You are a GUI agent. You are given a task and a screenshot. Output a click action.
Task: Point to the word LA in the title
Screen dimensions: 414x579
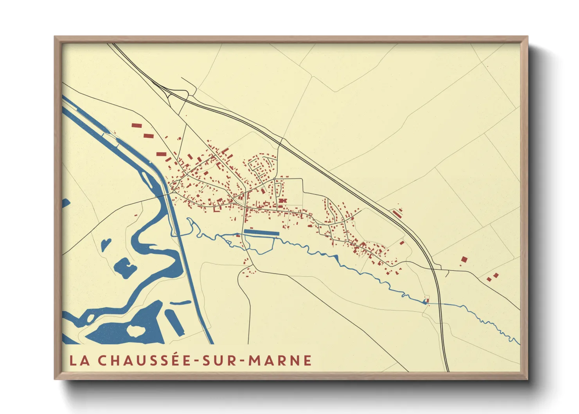coord(79,360)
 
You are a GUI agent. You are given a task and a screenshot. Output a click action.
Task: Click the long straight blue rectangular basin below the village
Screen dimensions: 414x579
coord(261,232)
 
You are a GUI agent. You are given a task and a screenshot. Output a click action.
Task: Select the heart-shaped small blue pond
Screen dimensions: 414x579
coord(106,245)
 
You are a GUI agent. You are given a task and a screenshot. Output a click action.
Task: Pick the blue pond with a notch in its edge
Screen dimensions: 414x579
coord(125,267)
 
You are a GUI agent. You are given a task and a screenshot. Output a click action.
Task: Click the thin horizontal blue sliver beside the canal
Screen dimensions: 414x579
coord(180,302)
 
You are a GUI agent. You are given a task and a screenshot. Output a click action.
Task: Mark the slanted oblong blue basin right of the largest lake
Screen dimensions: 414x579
coord(175,322)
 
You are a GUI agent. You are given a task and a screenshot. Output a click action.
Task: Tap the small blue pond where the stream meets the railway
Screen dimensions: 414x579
coord(425,301)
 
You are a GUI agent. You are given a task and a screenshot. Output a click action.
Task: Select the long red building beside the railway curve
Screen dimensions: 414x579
coord(397,214)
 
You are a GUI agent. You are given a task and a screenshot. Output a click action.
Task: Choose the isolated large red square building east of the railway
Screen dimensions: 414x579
coord(464,259)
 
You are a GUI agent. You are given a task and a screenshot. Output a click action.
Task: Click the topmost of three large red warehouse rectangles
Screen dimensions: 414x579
coord(136,126)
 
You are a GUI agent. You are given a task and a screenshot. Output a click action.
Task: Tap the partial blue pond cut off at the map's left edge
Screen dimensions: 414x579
coord(65,203)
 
